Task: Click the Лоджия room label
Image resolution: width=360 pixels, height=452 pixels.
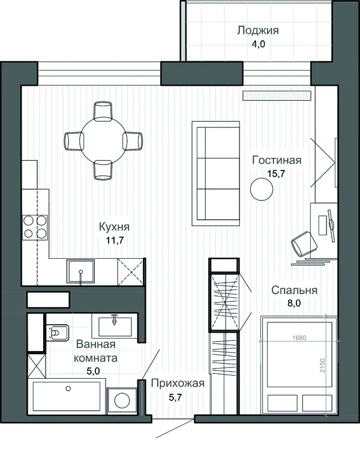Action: coord(258,31)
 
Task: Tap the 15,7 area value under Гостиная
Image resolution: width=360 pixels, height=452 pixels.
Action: coord(276,173)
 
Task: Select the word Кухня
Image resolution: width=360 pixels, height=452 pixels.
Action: coord(114,226)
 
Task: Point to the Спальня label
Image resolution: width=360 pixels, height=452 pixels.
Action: coord(294,290)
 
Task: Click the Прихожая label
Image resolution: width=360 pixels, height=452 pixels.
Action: coord(178,384)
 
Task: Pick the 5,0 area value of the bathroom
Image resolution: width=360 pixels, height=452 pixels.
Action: coord(93,371)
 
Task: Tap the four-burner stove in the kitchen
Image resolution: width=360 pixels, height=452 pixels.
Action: coord(35,227)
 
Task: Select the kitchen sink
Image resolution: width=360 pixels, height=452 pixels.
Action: coord(81,271)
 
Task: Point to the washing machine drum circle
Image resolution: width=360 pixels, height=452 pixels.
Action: coord(122,400)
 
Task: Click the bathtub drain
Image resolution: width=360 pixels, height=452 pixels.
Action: coord(68,388)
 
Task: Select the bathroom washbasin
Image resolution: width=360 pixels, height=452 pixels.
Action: coord(115,327)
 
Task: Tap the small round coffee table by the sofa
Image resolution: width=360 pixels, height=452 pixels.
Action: coord(262,190)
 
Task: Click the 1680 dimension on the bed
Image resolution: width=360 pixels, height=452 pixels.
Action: coord(299,337)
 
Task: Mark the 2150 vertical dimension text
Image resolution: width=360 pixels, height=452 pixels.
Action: coord(322,365)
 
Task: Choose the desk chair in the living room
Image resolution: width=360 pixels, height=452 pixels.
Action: coord(304,243)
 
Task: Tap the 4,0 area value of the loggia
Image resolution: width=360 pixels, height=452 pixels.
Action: coord(258,44)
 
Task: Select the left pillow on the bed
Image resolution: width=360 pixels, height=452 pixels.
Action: coord(283,403)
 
